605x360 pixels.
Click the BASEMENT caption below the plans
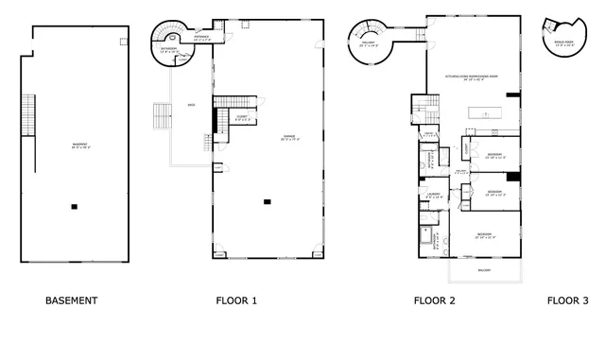71,300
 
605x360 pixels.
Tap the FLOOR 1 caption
236,300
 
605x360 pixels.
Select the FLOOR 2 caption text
435,300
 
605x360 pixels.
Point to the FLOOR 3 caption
567,300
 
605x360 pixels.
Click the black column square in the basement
74,206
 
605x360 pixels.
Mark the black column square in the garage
268,199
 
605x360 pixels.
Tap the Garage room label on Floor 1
288,138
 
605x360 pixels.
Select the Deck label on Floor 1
192,105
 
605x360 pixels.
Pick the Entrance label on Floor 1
202,40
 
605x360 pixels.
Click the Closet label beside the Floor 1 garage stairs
242,118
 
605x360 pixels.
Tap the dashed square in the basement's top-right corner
122,41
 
